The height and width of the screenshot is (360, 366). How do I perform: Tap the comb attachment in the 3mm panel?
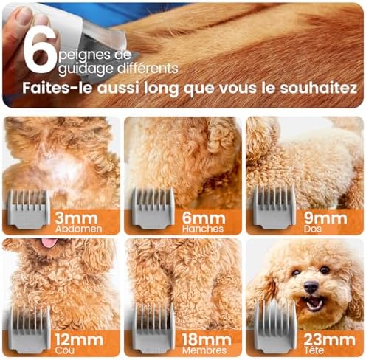tap(28, 209)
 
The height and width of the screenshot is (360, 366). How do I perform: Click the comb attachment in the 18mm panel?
tap(154, 328)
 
